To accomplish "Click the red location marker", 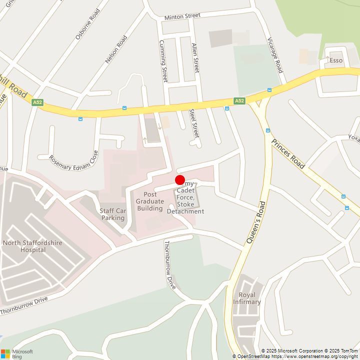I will pos(180,180).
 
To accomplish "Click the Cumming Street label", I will pos(163,61).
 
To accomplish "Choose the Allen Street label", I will pos(195,57).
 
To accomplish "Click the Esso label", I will pos(336,60).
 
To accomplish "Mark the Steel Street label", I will pos(194,123).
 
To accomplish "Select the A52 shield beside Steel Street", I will pos(240,101).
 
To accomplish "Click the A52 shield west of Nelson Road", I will pos(37,102).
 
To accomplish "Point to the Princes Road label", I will pos(288,153).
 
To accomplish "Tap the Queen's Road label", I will pos(255,222).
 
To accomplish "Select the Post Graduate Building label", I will pos(149,201).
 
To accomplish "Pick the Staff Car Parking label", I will pos(112,214).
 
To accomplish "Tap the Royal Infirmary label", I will pos(247,298).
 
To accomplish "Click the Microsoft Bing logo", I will pos(17,353).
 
